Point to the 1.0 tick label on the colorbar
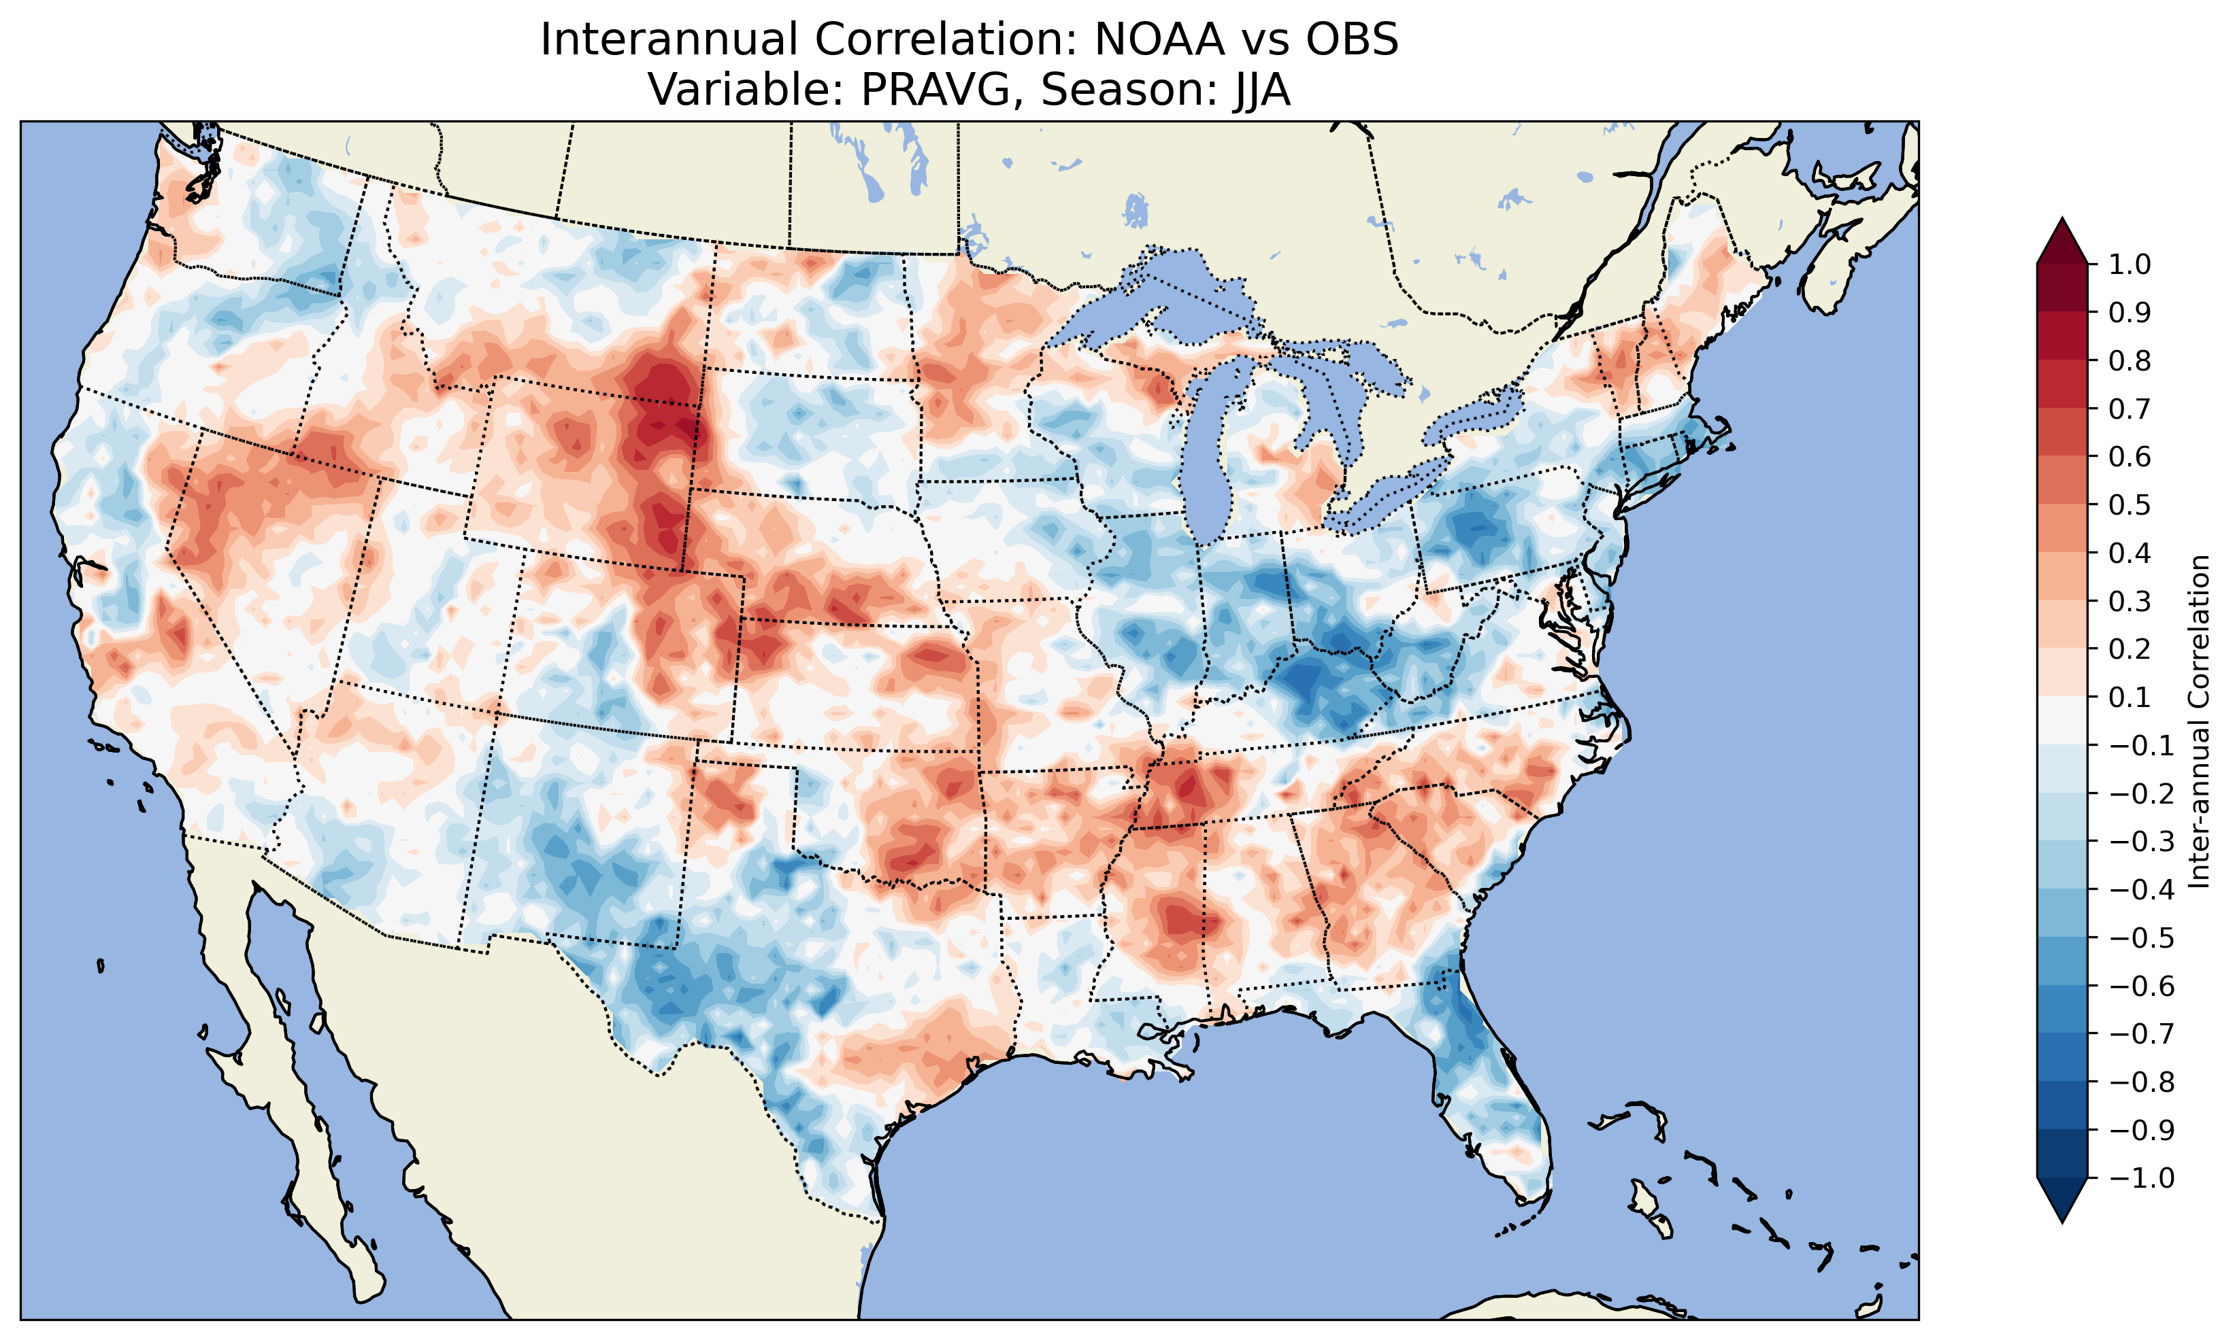pos(2130,264)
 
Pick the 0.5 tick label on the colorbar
pos(2130,504)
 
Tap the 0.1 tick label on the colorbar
pos(2130,697)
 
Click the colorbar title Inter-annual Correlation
pos(2200,721)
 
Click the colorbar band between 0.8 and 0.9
pos(2062,336)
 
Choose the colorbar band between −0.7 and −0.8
pos(2062,1057)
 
